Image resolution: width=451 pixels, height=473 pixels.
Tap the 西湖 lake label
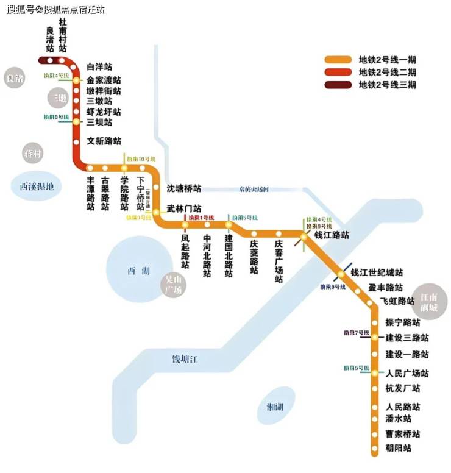(138, 271)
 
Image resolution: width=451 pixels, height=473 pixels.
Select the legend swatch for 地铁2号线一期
(338, 60)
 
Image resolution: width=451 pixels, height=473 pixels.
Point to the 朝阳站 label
(399, 448)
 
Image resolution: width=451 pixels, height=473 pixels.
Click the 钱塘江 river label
(185, 359)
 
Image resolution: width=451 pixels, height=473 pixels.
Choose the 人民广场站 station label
(407, 374)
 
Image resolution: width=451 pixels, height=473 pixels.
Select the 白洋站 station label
(99, 67)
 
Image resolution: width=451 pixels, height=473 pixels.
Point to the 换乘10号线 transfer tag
(138, 158)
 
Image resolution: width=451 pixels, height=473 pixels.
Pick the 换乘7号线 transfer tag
(357, 333)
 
